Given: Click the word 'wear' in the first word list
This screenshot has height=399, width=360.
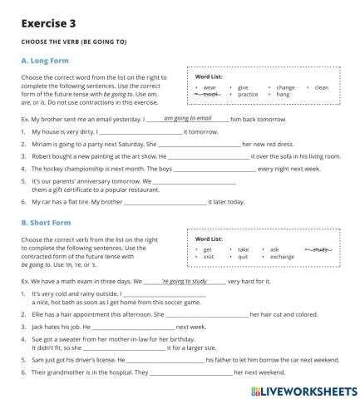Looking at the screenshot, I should (210, 87).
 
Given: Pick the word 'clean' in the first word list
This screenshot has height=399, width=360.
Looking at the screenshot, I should (322, 87).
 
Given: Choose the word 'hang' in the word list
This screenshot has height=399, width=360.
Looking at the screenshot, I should (283, 95).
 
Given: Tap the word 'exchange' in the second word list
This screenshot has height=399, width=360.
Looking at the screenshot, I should (282, 257).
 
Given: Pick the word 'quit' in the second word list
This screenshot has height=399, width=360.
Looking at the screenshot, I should (243, 257).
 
